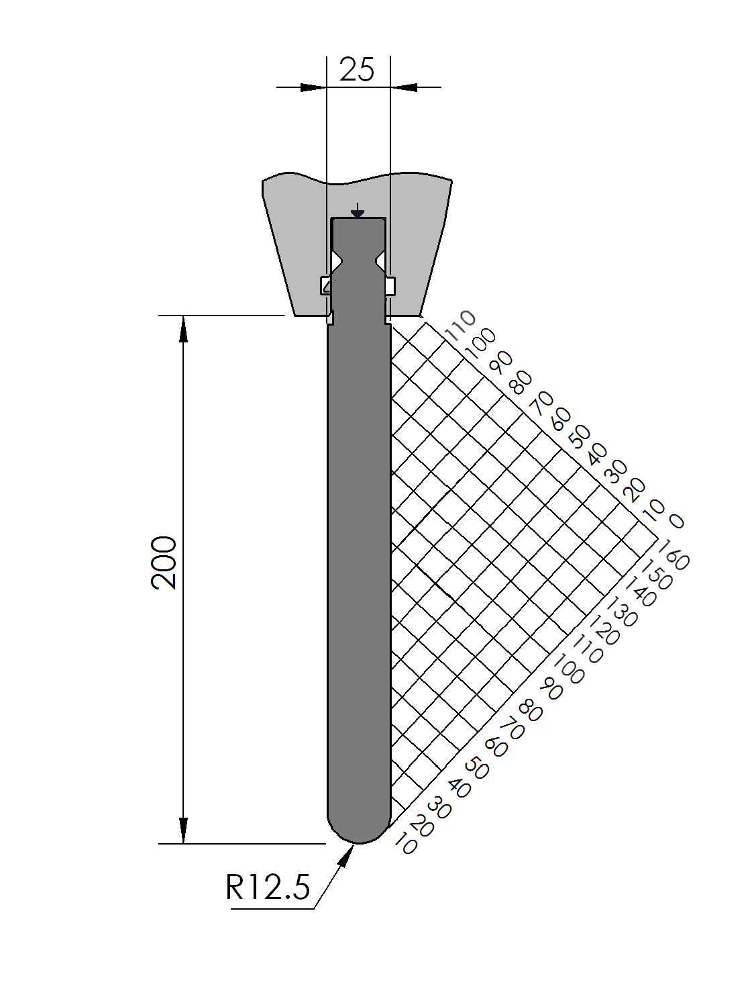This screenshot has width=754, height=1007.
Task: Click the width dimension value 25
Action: [x=357, y=70]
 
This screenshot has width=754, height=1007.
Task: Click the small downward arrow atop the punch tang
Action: [x=357, y=211]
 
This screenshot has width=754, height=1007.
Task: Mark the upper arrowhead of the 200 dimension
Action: [x=183, y=329]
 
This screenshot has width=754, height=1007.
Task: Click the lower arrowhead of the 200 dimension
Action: [x=183, y=830]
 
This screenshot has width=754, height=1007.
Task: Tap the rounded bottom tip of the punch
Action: [x=360, y=841]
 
